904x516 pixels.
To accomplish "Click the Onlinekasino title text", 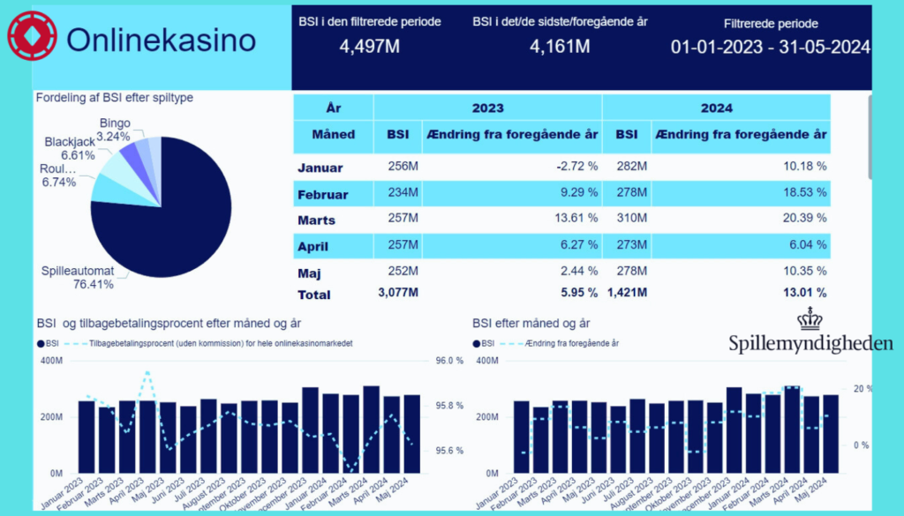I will pos(162,40).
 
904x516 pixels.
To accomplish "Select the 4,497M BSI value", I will pos(369,46).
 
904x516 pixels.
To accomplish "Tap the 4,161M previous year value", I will pos(560,46).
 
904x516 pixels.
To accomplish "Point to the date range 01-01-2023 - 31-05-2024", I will pos(770,47).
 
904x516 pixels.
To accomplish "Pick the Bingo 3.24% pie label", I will pos(115,130).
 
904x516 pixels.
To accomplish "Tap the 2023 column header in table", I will pos(487,108).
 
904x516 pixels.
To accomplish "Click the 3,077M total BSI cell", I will pos(397,293).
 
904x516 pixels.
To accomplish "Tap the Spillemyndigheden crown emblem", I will pos(810,319).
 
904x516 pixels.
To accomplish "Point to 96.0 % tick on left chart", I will pos(449,361).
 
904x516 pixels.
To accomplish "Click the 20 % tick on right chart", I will pos(862,389).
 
